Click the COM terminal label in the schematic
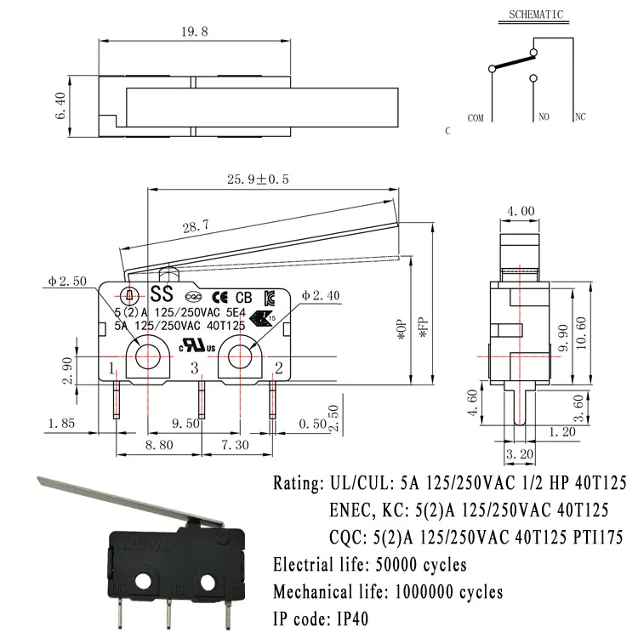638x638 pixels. coord(476,118)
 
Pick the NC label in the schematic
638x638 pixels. coord(580,118)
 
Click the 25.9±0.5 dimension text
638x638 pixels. coord(258,179)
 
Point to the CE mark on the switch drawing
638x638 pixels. coord(218,297)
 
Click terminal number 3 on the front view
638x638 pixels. coord(194,368)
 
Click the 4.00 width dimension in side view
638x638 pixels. coord(521,210)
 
